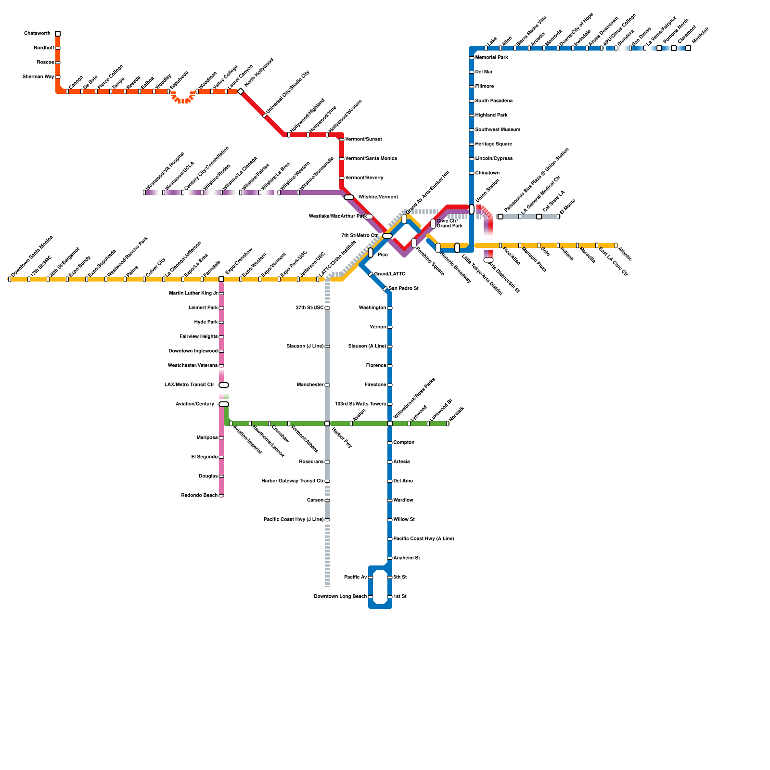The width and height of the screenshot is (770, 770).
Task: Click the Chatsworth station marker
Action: click(58, 34)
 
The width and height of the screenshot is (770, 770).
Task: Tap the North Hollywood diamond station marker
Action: click(241, 91)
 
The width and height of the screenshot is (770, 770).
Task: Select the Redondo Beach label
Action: click(199, 496)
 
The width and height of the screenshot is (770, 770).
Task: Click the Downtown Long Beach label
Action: click(340, 597)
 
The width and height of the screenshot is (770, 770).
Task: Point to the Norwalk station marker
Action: click(448, 423)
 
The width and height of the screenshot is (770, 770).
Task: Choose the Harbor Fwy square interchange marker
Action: click(327, 423)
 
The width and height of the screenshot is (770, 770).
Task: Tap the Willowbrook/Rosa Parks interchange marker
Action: click(390, 423)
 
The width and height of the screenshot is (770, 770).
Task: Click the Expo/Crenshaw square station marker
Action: click(221, 279)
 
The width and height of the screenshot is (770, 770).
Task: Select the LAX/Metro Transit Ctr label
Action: click(189, 385)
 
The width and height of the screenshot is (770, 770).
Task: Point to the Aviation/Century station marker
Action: click(224, 404)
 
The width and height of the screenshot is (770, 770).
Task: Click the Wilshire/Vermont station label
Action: click(378, 197)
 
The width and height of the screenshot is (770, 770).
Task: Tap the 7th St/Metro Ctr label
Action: click(359, 236)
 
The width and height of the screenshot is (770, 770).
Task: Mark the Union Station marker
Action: click(472, 209)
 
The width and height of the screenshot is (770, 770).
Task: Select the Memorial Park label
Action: click(491, 58)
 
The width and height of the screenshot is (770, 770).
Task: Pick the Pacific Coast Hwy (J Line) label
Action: click(294, 520)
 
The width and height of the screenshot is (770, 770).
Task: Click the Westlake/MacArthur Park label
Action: click(337, 217)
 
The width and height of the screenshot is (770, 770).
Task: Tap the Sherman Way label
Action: click(38, 77)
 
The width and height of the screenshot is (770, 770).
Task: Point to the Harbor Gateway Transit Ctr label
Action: click(293, 481)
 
